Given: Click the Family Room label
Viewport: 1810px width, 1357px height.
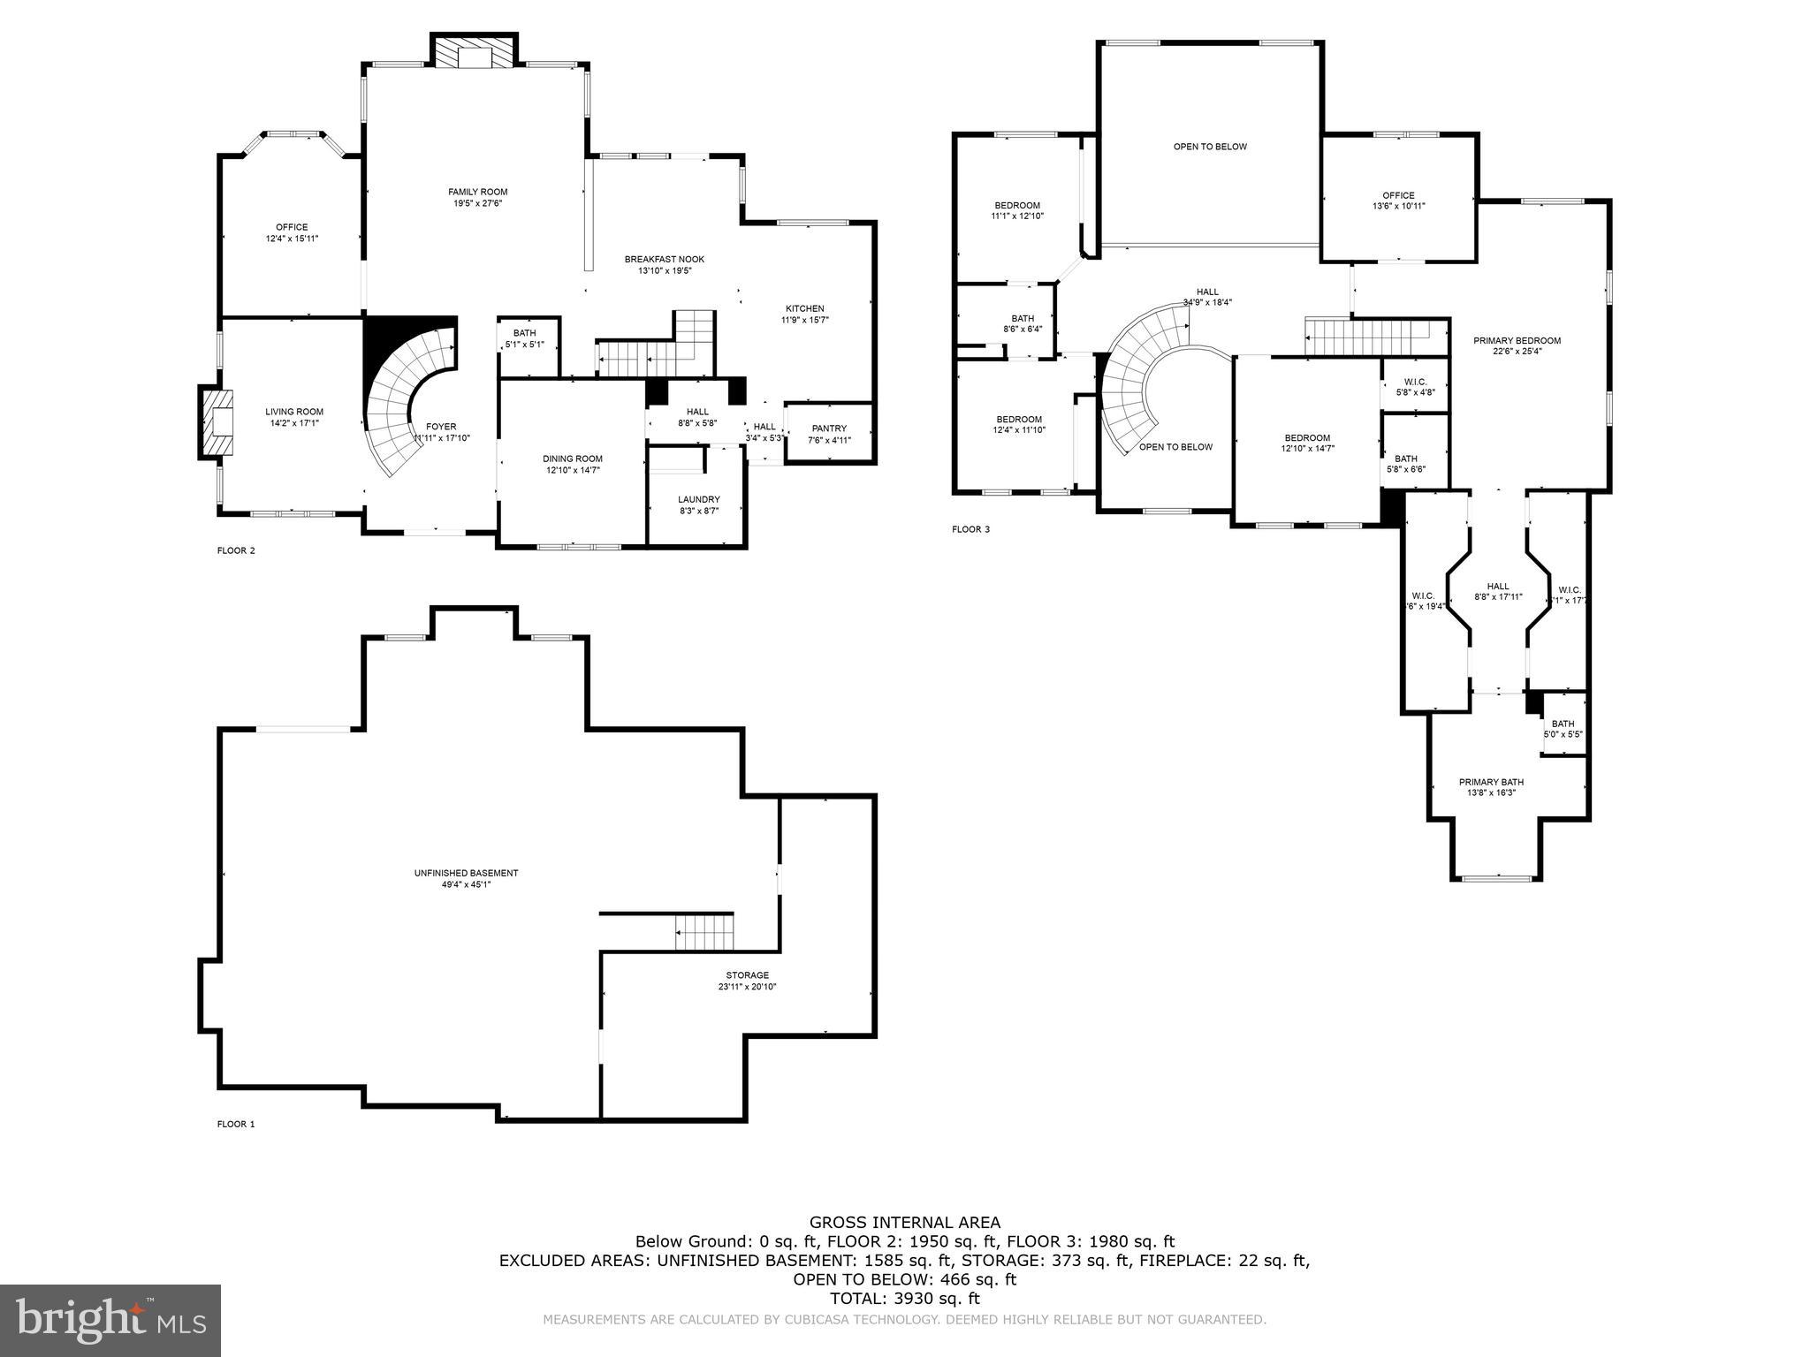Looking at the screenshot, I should (477, 192).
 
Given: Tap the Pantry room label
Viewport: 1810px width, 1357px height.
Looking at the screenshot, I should (829, 428).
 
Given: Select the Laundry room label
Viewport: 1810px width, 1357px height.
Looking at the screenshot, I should (698, 499).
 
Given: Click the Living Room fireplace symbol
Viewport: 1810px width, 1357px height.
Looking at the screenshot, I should (218, 423).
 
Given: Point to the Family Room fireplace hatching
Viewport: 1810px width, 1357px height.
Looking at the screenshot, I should (474, 52).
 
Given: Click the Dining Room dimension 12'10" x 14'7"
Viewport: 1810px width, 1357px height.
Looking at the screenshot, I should (572, 470).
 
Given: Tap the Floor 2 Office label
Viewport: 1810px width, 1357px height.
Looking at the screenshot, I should (292, 227).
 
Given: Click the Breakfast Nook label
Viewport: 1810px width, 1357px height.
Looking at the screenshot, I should (665, 259).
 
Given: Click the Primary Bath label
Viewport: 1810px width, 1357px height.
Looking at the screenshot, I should (1491, 782).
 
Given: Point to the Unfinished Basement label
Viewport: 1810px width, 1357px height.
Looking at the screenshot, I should (466, 873).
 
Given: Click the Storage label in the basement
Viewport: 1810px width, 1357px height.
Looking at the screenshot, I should (747, 975).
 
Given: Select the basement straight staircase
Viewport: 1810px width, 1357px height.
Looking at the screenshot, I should (704, 933).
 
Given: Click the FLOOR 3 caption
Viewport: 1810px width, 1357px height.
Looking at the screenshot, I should (970, 529).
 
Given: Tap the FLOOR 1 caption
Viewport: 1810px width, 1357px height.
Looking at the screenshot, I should (236, 1124).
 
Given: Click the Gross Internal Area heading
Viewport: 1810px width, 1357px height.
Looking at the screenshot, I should (905, 1223).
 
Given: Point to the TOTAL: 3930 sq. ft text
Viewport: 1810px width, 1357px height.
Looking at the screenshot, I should (905, 1299).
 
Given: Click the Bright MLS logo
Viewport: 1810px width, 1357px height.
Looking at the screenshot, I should (110, 1320).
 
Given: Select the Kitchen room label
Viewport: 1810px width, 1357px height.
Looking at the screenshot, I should (804, 308).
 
